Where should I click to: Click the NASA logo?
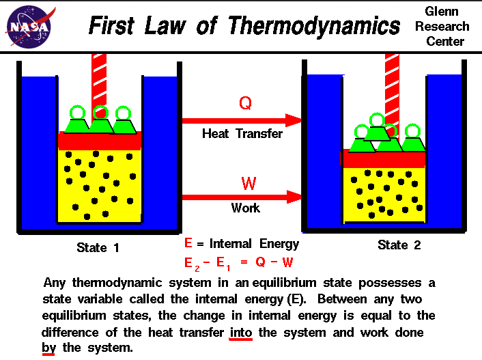(x=27, y=27)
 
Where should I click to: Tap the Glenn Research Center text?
(x=447, y=27)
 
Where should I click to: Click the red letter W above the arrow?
(x=248, y=184)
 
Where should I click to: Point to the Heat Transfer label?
(x=242, y=134)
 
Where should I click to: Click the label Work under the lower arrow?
(x=245, y=208)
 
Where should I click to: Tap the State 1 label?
(x=98, y=248)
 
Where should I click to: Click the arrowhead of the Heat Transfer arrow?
(x=294, y=120)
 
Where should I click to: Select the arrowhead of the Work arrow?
(x=294, y=197)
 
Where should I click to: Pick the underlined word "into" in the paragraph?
(x=242, y=333)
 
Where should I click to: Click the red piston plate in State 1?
(x=100, y=141)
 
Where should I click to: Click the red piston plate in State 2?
(x=384, y=159)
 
